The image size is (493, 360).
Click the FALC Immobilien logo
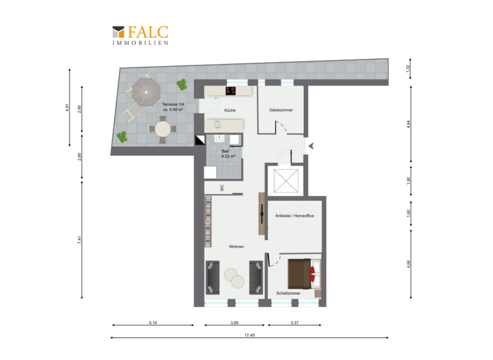141,35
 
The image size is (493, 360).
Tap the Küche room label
230,110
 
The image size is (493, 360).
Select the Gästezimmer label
281,110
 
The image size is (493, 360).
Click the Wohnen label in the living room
237,247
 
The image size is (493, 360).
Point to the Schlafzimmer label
288,293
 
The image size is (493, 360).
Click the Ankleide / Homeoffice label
295,216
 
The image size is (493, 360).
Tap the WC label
222,188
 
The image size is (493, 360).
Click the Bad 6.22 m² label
228,153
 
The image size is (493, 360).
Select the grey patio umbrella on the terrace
146,91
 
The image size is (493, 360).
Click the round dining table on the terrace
163,129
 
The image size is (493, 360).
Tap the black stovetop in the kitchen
230,91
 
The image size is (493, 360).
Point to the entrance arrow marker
311,146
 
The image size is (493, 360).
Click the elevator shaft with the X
286,181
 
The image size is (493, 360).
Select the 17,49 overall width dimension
250,335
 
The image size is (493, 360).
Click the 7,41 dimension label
79,240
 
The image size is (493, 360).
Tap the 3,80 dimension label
234,322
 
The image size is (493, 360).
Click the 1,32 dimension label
408,68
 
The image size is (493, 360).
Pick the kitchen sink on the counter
218,125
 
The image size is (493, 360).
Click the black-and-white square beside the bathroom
200,140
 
